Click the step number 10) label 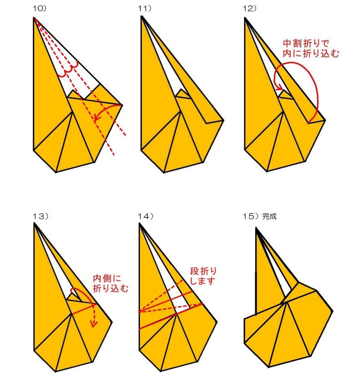pos(40,8)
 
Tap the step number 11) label pos(144,8)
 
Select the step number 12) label pos(249,8)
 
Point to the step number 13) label pos(41,216)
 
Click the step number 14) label pos(146,216)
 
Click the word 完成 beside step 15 pos(269,216)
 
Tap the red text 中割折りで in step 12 pos(306,44)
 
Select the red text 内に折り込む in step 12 pos(311,53)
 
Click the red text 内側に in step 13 pos(107,279)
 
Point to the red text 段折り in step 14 pos(203,271)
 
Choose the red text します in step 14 pos(203,281)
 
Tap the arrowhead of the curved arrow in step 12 pos(280,87)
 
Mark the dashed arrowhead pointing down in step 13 pos(93,324)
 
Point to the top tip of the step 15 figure pos(256,228)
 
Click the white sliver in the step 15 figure pos(284,282)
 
